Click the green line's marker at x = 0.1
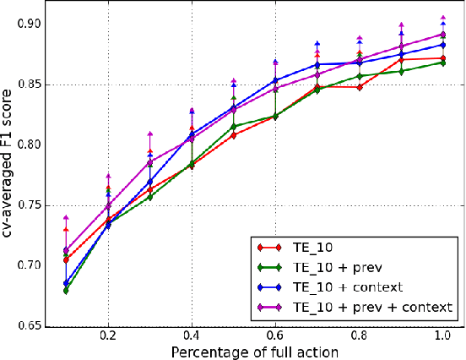coord(66,290)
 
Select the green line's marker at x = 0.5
coord(234,127)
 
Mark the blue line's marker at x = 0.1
coord(66,284)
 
